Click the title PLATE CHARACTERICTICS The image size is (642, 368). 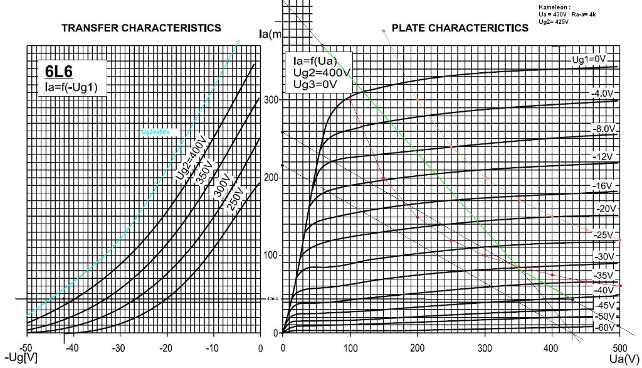tap(460, 28)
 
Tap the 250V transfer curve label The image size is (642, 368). tap(234, 198)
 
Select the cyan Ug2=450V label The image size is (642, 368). tap(155, 132)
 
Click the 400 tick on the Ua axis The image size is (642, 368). tap(551, 347)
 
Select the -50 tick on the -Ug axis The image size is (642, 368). tap(26, 347)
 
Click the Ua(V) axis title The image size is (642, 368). tap(624, 359)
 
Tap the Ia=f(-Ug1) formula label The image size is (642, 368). tap(71, 85)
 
